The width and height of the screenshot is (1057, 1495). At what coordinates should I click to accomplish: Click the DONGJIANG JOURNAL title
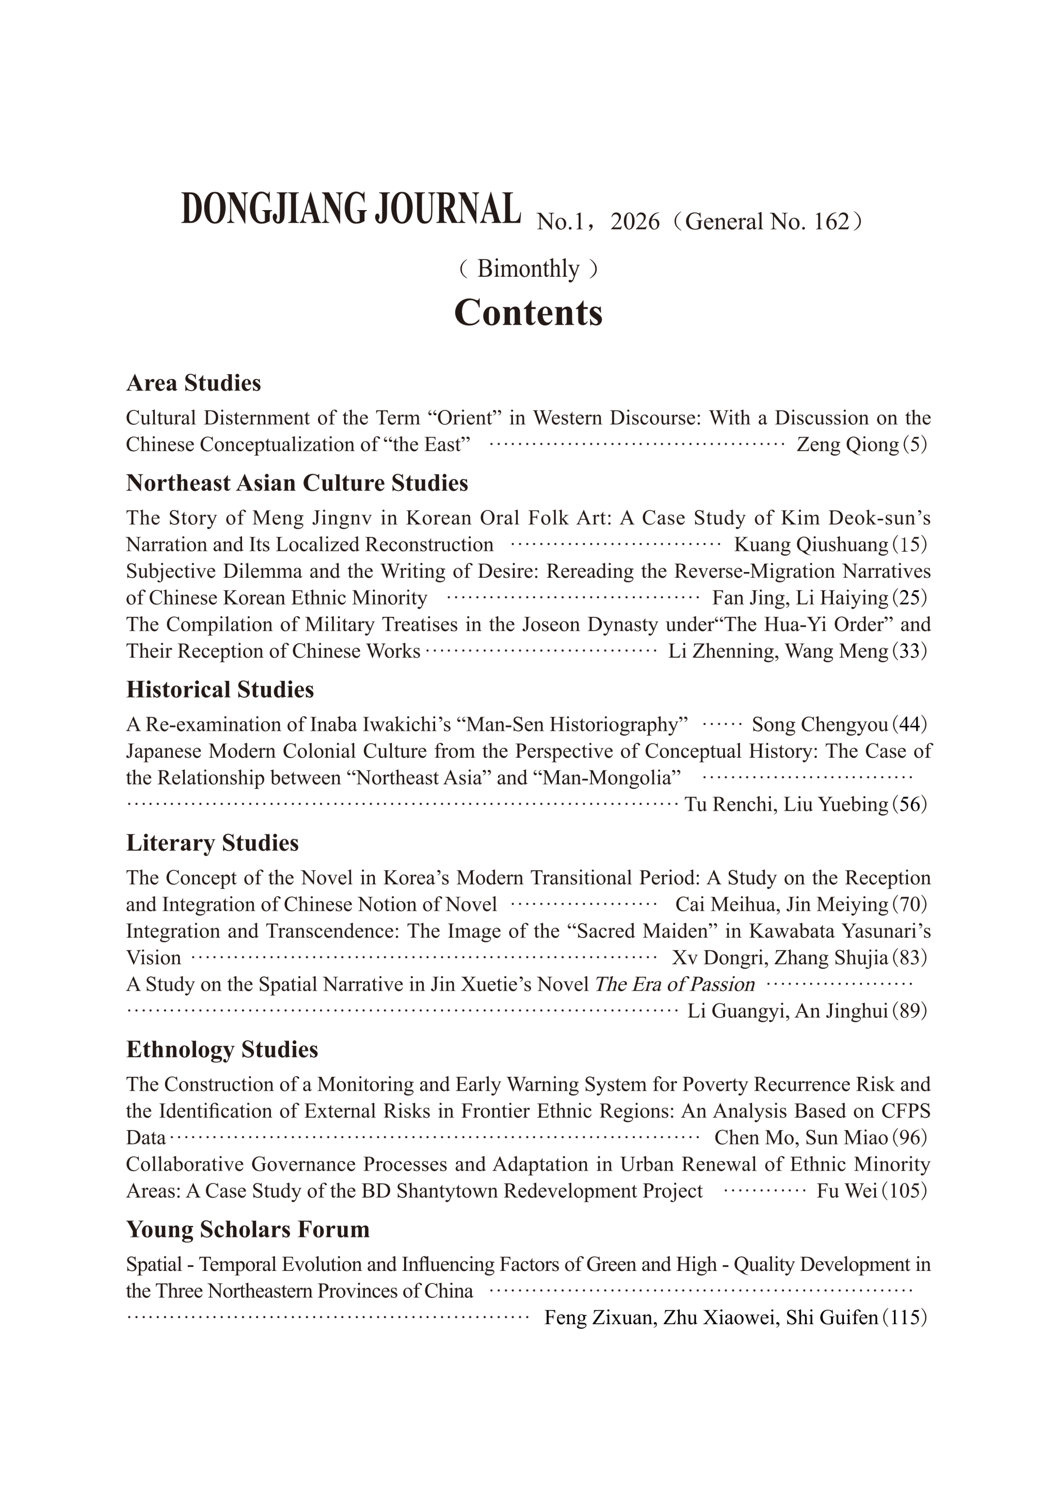(351, 210)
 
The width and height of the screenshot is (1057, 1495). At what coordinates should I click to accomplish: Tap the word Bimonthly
(528, 269)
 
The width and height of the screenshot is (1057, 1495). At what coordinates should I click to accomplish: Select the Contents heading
(528, 313)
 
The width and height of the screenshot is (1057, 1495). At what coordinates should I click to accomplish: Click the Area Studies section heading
(194, 383)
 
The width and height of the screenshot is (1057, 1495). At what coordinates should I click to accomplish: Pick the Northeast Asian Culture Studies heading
(297, 483)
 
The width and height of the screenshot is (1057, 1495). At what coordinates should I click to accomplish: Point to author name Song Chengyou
(820, 725)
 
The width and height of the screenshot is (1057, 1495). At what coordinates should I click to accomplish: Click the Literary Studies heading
(212, 843)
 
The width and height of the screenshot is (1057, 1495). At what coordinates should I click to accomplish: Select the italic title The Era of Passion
(674, 984)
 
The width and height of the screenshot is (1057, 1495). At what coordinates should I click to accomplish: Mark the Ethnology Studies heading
(222, 1049)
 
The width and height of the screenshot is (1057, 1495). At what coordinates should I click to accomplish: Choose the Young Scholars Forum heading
(247, 1229)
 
